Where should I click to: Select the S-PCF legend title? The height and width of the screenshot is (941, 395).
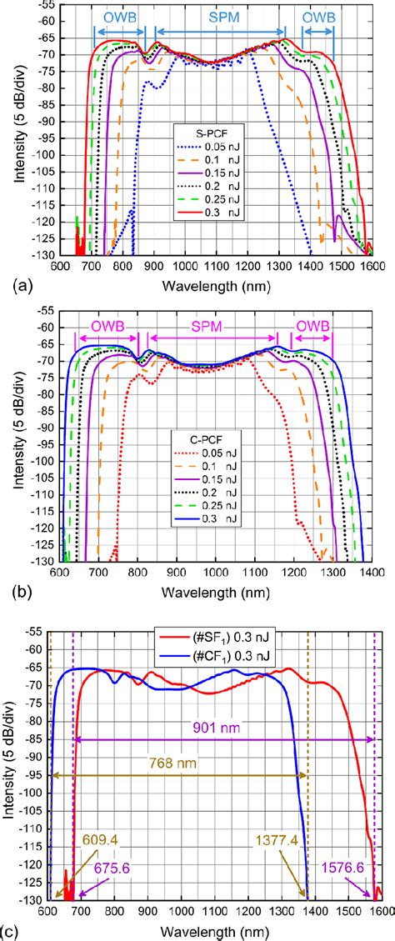tap(202, 131)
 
